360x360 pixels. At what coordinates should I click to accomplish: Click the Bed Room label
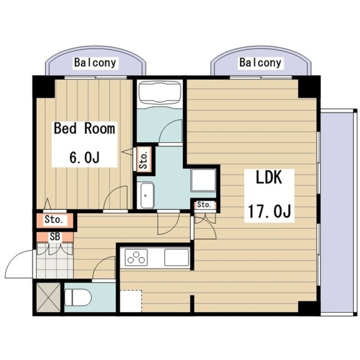85,129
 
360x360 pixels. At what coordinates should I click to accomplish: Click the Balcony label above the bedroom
95,63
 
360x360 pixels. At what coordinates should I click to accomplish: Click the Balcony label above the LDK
260,63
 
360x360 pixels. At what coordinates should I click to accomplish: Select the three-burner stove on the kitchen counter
136,257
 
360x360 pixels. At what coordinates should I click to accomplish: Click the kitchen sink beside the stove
176,257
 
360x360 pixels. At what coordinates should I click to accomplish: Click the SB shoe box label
55,237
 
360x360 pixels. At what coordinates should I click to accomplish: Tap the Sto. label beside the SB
54,219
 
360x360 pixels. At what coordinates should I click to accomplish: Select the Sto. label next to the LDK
204,205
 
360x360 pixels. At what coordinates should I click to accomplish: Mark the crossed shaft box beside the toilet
48,297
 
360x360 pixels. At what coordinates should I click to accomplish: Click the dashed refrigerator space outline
131,301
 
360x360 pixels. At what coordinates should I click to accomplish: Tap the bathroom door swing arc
170,131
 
